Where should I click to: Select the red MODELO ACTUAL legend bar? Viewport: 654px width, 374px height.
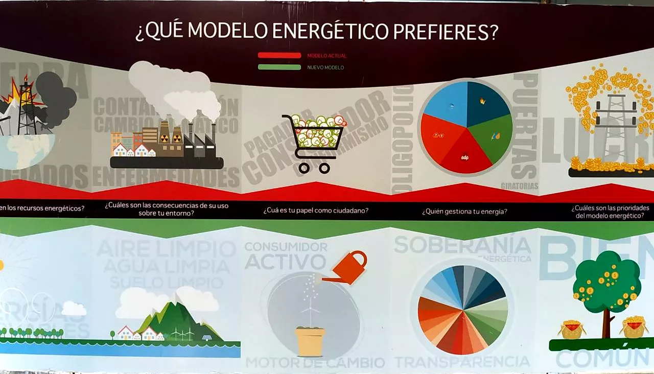click(279, 55)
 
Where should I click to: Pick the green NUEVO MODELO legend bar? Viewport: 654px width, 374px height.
click(279, 67)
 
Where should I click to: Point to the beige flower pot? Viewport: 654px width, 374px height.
click(310, 341)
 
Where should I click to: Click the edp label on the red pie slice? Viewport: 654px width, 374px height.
click(465, 157)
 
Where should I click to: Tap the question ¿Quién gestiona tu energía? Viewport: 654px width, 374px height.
click(464, 211)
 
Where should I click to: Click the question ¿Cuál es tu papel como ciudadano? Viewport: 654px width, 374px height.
click(316, 211)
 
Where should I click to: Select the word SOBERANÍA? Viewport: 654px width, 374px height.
click(462, 245)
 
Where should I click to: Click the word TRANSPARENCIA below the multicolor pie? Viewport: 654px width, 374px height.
click(462, 362)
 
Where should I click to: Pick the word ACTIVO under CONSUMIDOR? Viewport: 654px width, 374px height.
click(285, 262)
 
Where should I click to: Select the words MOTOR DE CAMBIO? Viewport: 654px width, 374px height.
click(315, 363)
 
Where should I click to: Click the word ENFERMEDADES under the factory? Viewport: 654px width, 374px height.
click(166, 177)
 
